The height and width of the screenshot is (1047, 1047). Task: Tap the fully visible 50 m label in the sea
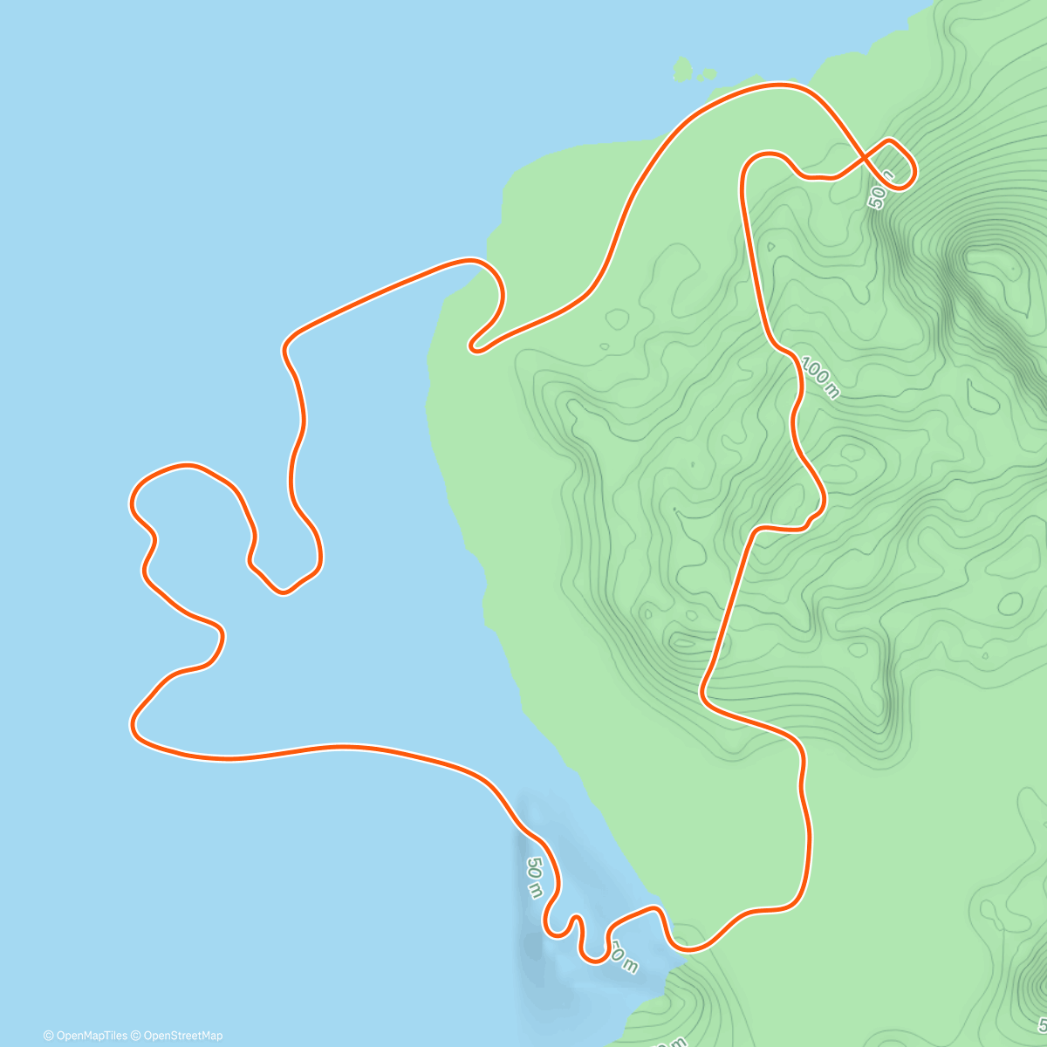click(534, 877)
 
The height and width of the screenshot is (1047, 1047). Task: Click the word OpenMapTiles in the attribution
click(92, 1036)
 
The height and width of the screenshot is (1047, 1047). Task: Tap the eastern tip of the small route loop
click(914, 174)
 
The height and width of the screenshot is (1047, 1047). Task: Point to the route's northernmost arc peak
click(779, 85)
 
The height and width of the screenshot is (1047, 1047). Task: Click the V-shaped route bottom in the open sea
click(283, 592)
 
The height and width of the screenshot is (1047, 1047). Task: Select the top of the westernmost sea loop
click(183, 467)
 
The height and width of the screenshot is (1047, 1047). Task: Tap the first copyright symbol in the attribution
click(48, 1036)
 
